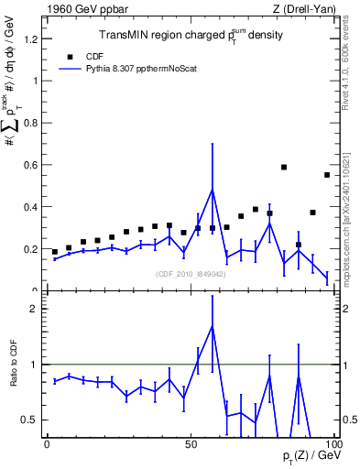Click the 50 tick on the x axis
(190, 444)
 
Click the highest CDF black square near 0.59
(284, 168)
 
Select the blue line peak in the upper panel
(213, 190)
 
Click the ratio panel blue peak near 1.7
(213, 326)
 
